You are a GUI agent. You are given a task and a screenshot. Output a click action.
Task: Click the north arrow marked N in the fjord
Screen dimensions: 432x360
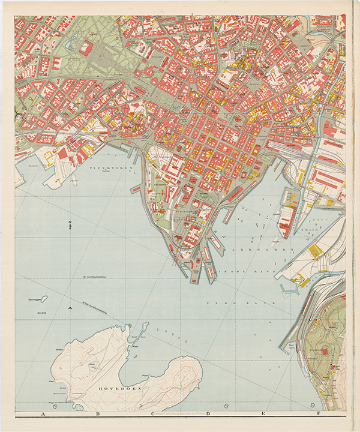pyautogui.click(x=70, y=226)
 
